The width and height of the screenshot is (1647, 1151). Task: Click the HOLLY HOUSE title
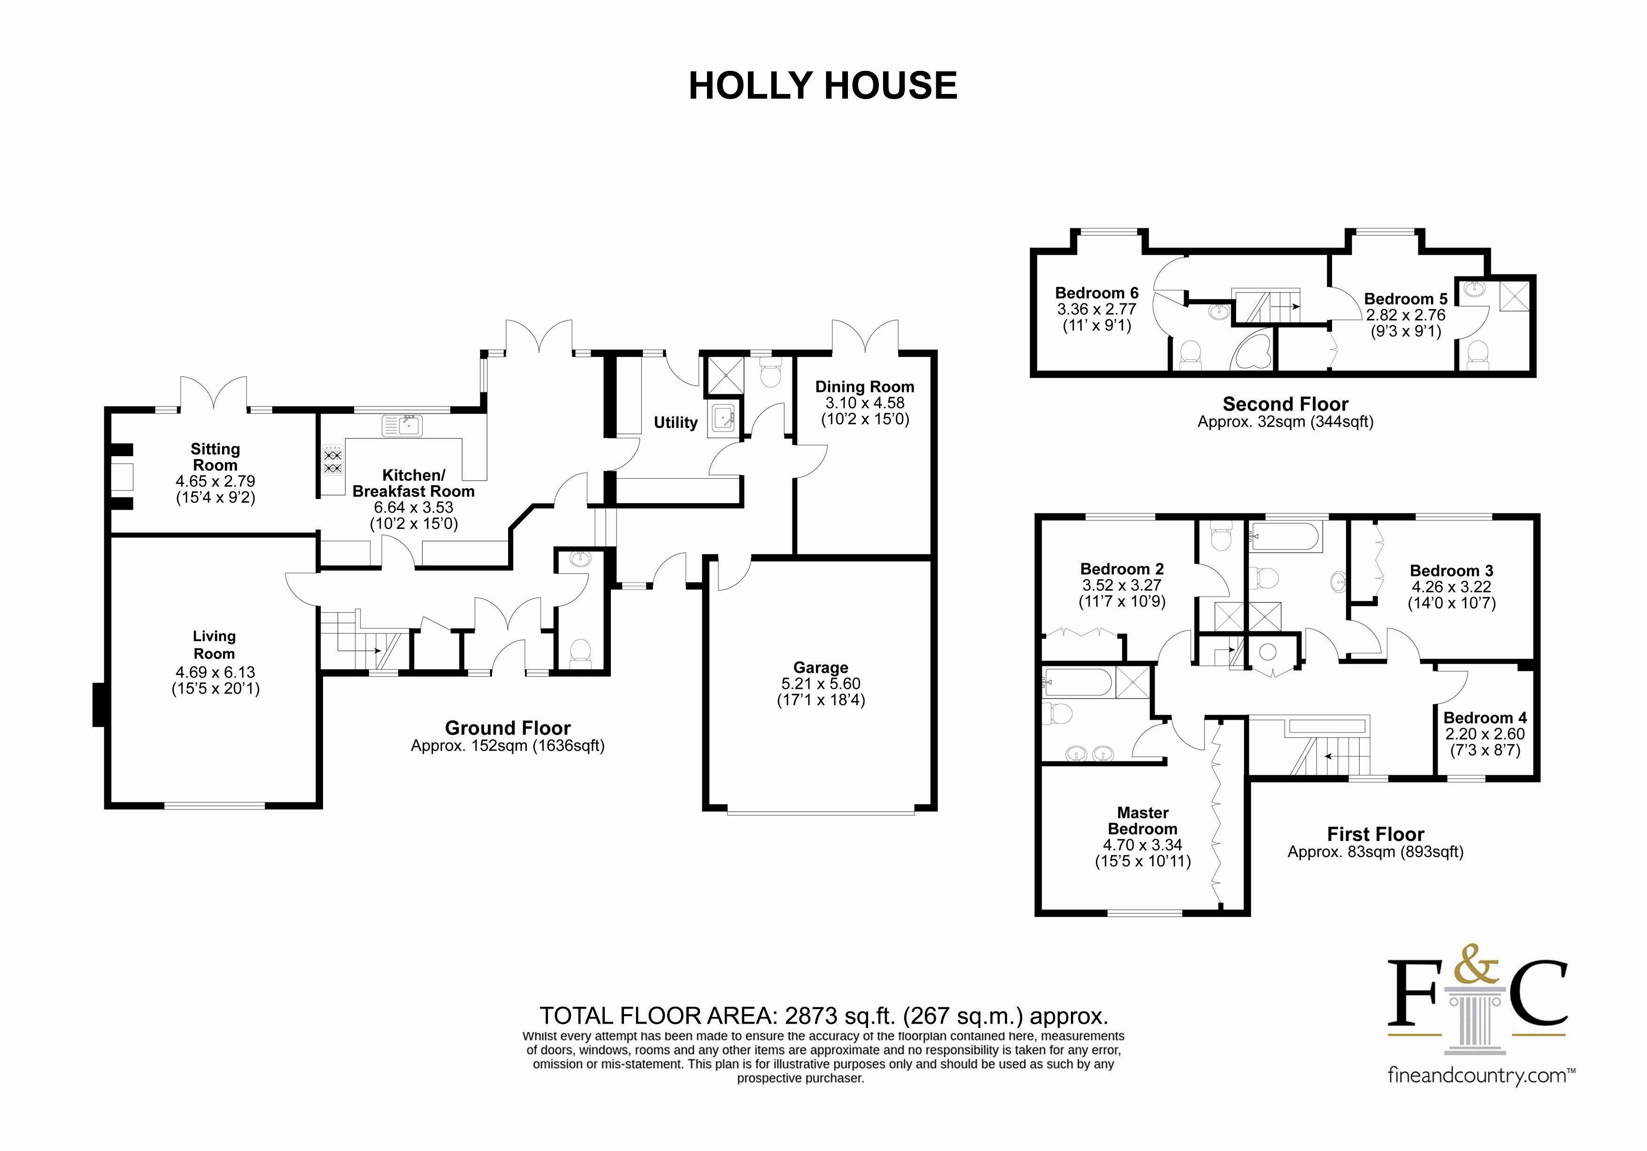pyautogui.click(x=822, y=86)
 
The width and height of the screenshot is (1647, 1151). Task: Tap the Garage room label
pyautogui.click(x=821, y=668)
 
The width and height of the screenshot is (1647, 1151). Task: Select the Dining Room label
pyautogui.click(x=864, y=387)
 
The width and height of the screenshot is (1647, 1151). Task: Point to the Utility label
pyautogui.click(x=675, y=423)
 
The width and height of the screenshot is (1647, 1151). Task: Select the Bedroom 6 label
pyautogui.click(x=1096, y=293)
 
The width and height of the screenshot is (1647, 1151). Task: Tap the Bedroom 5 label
pyautogui.click(x=1405, y=298)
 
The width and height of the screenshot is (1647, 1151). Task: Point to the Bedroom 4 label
pyautogui.click(x=1485, y=717)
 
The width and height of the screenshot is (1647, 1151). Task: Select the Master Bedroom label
pyautogui.click(x=1143, y=821)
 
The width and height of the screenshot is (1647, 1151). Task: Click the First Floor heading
pyautogui.click(x=1375, y=834)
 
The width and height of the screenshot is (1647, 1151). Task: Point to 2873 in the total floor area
pyautogui.click(x=811, y=1015)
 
